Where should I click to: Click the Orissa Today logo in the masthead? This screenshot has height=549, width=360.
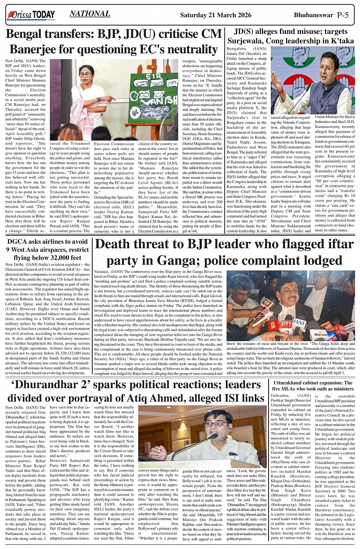tap(31, 15)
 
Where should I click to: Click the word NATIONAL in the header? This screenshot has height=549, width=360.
tap(90, 14)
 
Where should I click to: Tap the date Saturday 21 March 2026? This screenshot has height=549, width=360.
tap(216, 15)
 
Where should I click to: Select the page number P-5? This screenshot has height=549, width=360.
tap(343, 15)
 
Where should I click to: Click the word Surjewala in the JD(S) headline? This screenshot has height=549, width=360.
tap(249, 40)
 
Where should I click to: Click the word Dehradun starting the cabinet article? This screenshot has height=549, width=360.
tap(280, 396)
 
